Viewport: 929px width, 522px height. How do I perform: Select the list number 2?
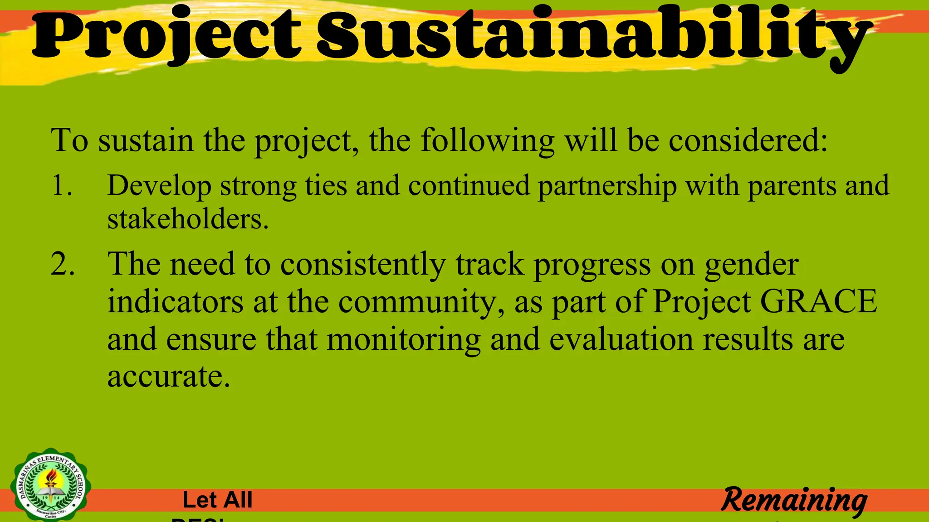[63, 264]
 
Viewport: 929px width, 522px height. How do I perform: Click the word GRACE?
[818, 301]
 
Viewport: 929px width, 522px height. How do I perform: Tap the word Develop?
[159, 186]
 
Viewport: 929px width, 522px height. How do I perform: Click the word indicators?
[175, 301]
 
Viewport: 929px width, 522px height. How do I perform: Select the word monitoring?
[404, 339]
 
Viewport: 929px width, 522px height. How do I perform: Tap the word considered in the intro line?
[748, 140]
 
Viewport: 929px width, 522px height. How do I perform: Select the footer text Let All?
[217, 500]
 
